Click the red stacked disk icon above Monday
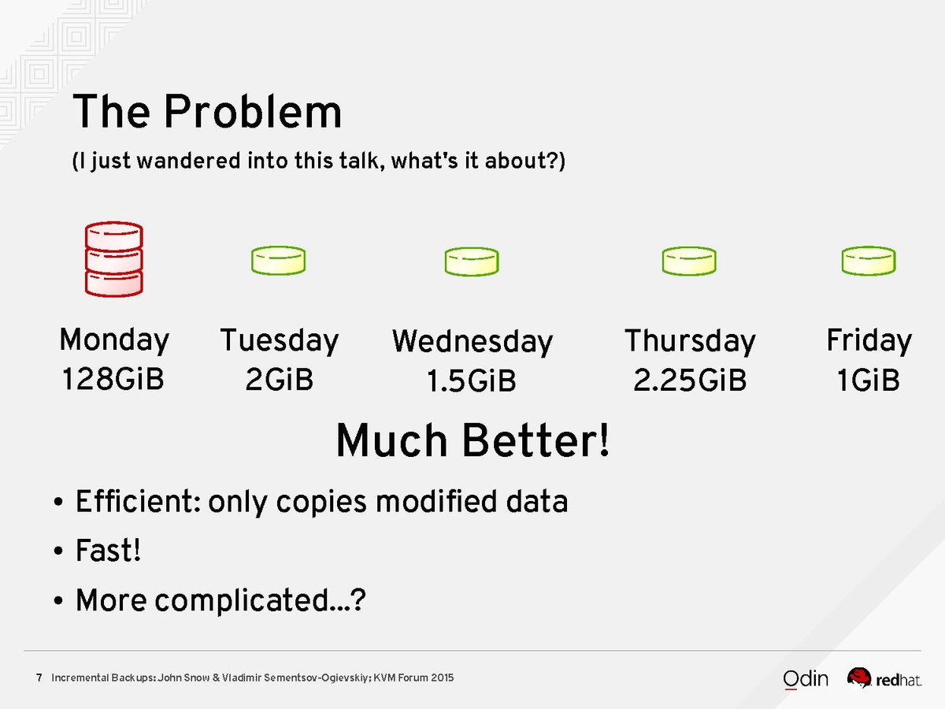[113, 259]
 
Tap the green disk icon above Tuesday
[279, 261]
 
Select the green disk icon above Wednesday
[472, 262]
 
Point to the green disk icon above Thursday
[689, 261]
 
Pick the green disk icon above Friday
[869, 261]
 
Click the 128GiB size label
[113, 379]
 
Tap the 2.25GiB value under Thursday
[690, 380]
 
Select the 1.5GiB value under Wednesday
[472, 380]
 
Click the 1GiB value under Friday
[869, 380]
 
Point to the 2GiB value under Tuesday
[279, 379]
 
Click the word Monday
[114, 340]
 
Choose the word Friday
[869, 340]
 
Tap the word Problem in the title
[253, 112]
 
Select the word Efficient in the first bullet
[138, 501]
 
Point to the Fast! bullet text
[108, 550]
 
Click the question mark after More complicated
[358, 599]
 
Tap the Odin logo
[805, 679]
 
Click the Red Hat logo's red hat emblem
[859, 677]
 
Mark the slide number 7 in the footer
[39, 677]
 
